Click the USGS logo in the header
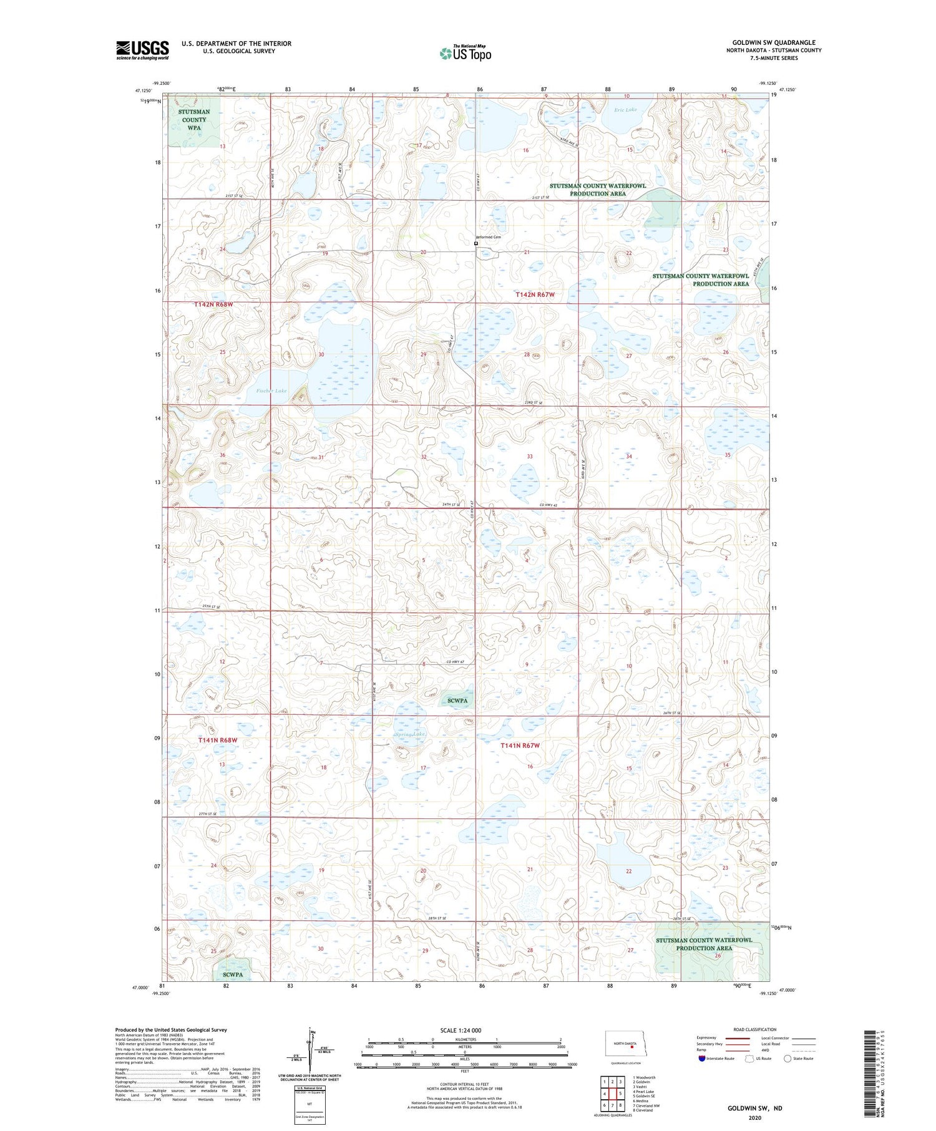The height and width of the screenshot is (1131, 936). pos(142,50)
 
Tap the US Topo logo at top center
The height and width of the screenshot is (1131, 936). pos(465,53)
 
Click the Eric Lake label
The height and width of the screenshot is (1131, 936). pos(625,110)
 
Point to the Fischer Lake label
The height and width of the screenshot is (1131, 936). pos(271,391)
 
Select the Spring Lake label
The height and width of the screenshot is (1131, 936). pos(410,734)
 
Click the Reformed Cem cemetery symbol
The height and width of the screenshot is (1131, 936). pos(476,244)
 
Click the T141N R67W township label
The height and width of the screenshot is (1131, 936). pos(520,745)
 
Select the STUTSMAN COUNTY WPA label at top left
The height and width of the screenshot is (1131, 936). pos(194,120)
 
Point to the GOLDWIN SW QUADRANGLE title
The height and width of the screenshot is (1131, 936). pos(774,42)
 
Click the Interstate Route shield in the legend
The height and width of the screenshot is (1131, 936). pos(701,1058)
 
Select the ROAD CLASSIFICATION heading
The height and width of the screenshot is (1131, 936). pos(755,1029)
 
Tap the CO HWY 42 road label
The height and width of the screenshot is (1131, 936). pos(552,505)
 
